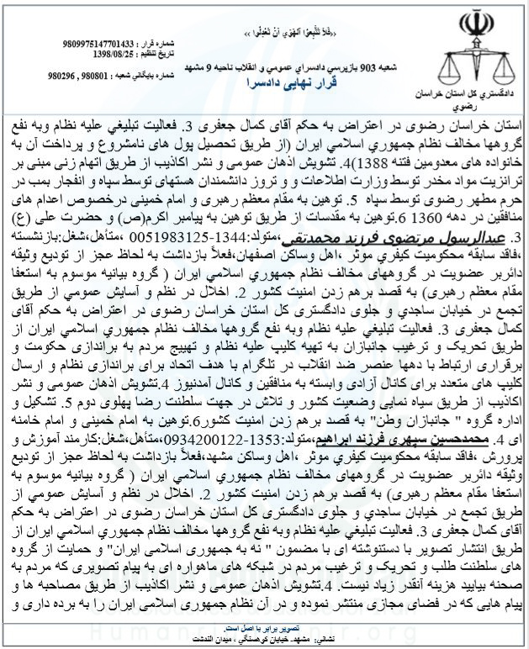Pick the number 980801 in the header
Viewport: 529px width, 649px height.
pos(83,75)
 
